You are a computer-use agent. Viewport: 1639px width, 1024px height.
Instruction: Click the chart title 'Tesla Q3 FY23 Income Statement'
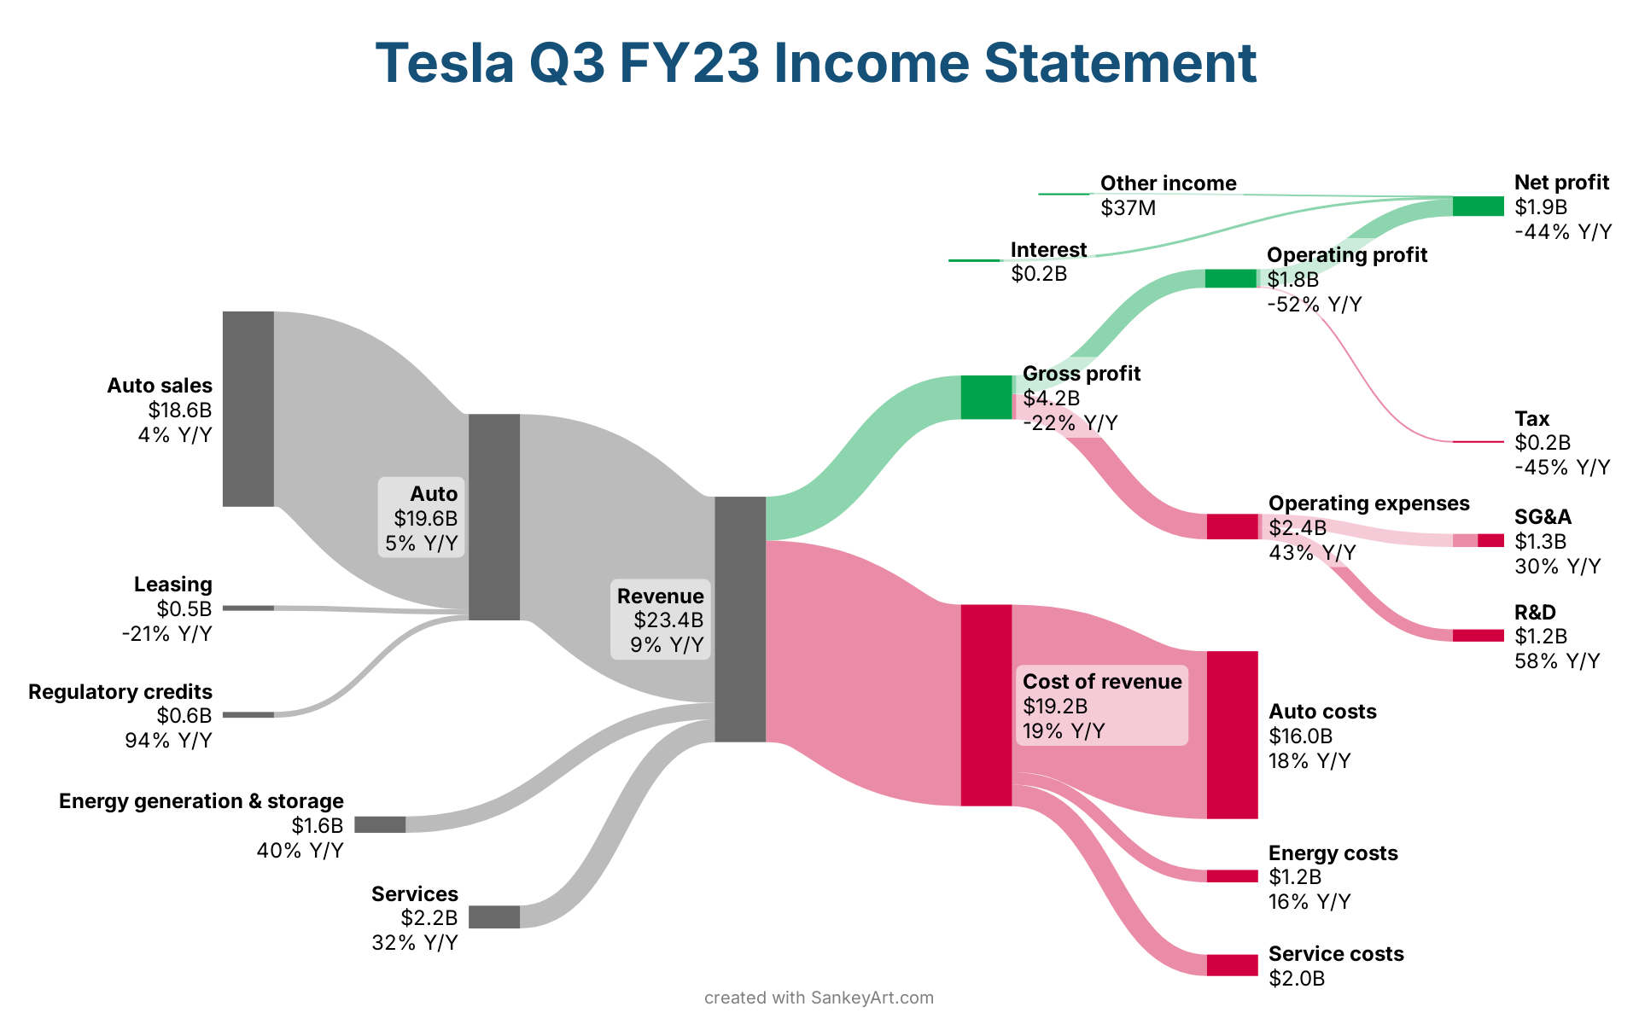pyautogui.click(x=815, y=63)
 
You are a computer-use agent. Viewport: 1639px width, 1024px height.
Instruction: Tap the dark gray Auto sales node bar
pyautogui.click(x=248, y=409)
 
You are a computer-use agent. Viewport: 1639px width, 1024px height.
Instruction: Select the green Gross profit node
pyautogui.click(x=986, y=398)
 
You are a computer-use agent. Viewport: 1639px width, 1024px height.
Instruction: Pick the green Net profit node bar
pyautogui.click(x=1478, y=207)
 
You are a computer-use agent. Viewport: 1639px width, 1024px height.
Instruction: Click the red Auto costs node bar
pyautogui.click(x=1232, y=735)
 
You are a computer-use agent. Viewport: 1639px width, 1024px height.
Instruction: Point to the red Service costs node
pyautogui.click(x=1232, y=965)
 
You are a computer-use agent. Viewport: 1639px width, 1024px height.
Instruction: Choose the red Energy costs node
pyautogui.click(x=1232, y=876)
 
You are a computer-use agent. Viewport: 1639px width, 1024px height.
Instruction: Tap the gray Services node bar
pyautogui.click(x=494, y=917)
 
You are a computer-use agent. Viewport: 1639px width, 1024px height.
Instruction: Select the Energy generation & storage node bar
pyautogui.click(x=380, y=824)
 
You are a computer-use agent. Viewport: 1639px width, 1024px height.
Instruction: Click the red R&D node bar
pyautogui.click(x=1478, y=636)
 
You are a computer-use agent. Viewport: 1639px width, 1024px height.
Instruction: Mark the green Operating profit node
pyautogui.click(x=1230, y=279)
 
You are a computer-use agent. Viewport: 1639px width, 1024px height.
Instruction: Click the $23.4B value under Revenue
pyautogui.click(x=668, y=620)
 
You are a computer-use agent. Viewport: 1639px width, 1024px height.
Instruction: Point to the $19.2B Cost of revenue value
pyautogui.click(x=1055, y=706)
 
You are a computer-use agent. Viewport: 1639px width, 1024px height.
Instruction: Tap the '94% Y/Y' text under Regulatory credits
pyautogui.click(x=168, y=741)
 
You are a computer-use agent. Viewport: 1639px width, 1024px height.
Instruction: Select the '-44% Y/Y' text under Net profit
pyautogui.click(x=1563, y=232)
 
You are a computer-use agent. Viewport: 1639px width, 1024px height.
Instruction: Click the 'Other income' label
pyautogui.click(x=1168, y=183)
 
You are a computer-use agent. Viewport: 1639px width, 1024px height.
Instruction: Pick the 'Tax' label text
pyautogui.click(x=1531, y=419)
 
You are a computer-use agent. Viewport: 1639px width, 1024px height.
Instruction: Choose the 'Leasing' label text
pyautogui.click(x=172, y=585)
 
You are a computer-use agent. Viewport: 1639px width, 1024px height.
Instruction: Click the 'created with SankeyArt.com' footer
pyautogui.click(x=819, y=998)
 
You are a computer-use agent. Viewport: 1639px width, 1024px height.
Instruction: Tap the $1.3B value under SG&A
pyautogui.click(x=1540, y=542)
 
